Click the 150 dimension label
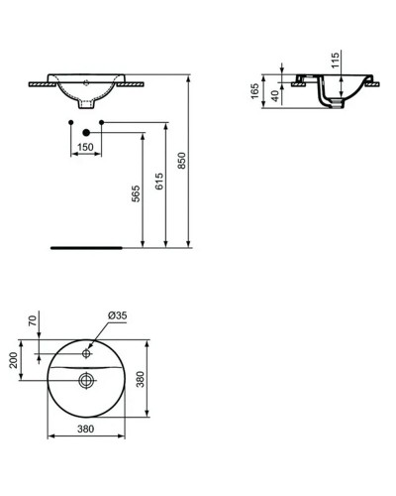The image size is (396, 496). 87,147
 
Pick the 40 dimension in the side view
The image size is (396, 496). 274,95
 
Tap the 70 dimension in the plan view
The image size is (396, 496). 33,320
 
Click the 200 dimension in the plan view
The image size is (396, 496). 15,358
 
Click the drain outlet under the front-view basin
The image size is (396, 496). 87,100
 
